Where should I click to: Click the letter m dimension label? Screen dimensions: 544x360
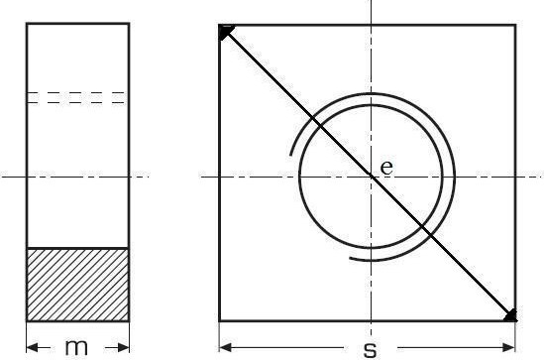click(x=76, y=347)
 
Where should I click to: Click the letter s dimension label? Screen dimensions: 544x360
click(x=371, y=350)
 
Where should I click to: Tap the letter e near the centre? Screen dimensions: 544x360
click(x=386, y=168)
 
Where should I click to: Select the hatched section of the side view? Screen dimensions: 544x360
click(x=78, y=285)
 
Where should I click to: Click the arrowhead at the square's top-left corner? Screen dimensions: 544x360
click(x=226, y=32)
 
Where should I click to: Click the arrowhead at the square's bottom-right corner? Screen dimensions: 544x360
click(x=510, y=315)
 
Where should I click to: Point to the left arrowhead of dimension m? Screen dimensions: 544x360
click(x=33, y=347)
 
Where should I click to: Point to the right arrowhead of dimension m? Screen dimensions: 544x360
click(x=123, y=347)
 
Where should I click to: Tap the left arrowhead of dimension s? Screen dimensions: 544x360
click(x=226, y=347)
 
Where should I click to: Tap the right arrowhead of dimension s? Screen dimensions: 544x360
click(x=509, y=347)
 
